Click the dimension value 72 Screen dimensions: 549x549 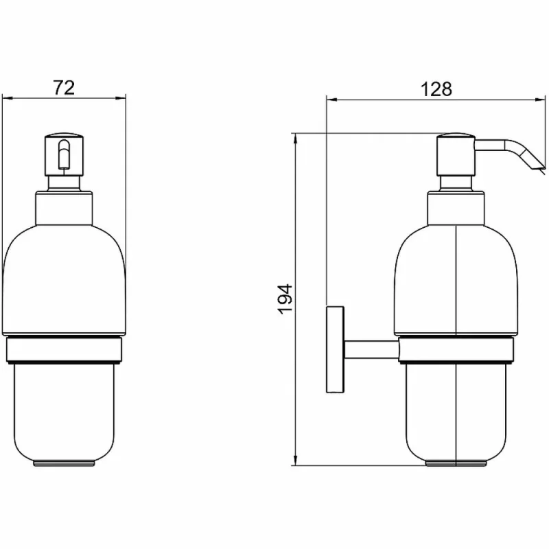pos(64,88)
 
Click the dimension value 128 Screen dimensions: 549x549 pos(436,89)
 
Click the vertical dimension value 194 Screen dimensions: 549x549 pos(285,299)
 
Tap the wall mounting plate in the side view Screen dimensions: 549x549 pos(335,349)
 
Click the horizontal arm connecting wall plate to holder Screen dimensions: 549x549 pos(371,349)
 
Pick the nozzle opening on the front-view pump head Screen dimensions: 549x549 pos(64,154)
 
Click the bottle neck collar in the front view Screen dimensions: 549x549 pos(64,208)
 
